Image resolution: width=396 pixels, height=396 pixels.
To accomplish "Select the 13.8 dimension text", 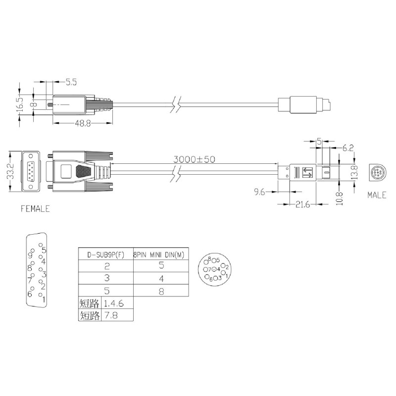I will point(355,173).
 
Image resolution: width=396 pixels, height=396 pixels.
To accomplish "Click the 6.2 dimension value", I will point(348,148).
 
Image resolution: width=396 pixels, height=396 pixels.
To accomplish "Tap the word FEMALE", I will point(35,209).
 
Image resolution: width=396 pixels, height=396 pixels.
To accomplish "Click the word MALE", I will point(377,196).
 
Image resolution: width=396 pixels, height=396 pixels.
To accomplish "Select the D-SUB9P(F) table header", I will point(105,254).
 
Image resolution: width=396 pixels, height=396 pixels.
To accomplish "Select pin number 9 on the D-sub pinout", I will point(30,256).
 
